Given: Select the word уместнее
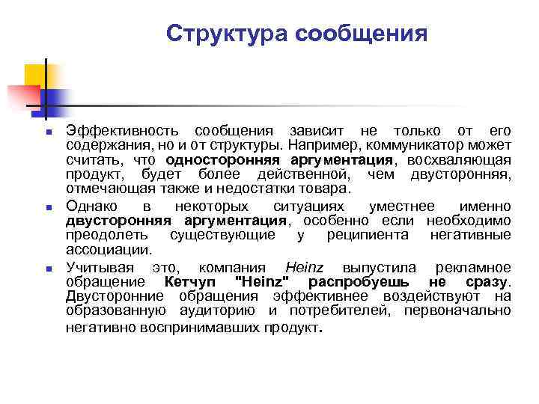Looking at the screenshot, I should [402, 206].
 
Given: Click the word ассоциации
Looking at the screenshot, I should [109, 251].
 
